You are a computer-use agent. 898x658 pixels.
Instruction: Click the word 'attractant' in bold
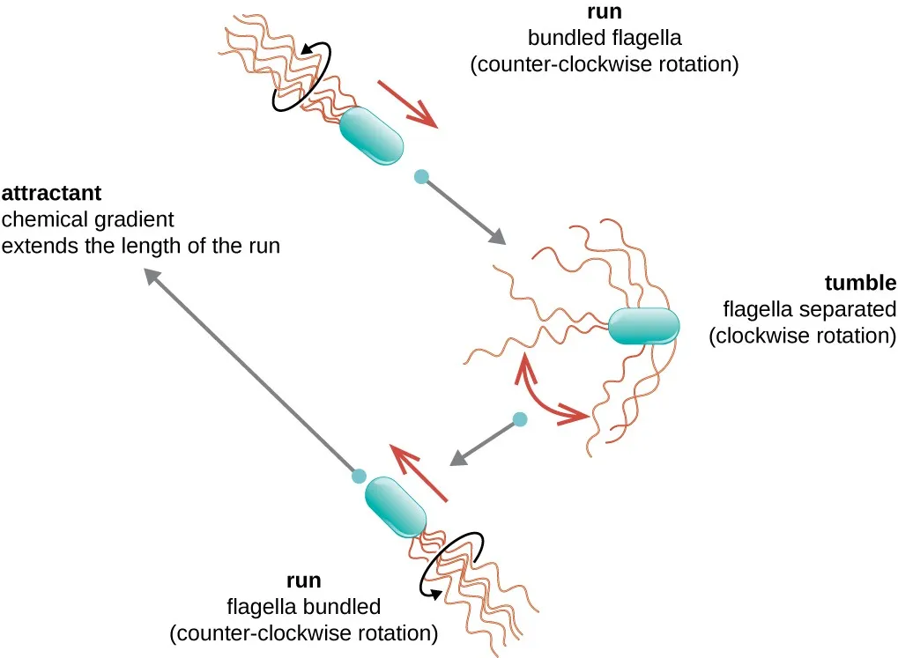point(52,191)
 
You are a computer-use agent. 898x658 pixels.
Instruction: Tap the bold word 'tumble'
point(860,283)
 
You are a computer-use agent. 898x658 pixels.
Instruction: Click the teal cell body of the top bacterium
point(371,135)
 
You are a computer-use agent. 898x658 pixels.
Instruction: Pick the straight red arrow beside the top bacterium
point(407,104)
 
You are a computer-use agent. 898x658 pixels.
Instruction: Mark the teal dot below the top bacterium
point(422,177)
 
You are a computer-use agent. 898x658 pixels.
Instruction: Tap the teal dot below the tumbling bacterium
point(520,419)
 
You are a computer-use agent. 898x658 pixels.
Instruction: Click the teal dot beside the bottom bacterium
point(359,476)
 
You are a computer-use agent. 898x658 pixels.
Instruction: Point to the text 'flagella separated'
point(809,309)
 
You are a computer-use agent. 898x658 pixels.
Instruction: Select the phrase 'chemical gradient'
point(88,218)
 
